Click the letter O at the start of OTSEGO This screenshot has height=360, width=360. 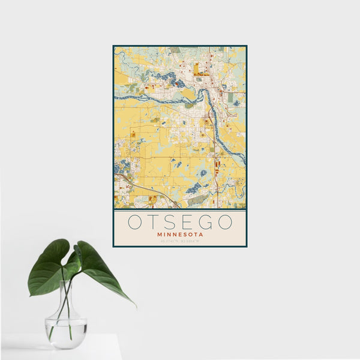(x=135, y=222)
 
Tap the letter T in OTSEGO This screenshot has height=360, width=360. (x=154, y=222)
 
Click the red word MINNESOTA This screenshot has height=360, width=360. (x=180, y=235)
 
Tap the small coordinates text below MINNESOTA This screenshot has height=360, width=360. (x=180, y=241)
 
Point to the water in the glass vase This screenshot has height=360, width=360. (x=65, y=333)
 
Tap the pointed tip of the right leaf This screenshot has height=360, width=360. (x=134, y=305)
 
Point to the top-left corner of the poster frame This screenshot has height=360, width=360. (x=113, y=46)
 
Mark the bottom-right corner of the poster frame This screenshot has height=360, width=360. (x=246, y=246)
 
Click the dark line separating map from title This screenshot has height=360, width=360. (x=180, y=209)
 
